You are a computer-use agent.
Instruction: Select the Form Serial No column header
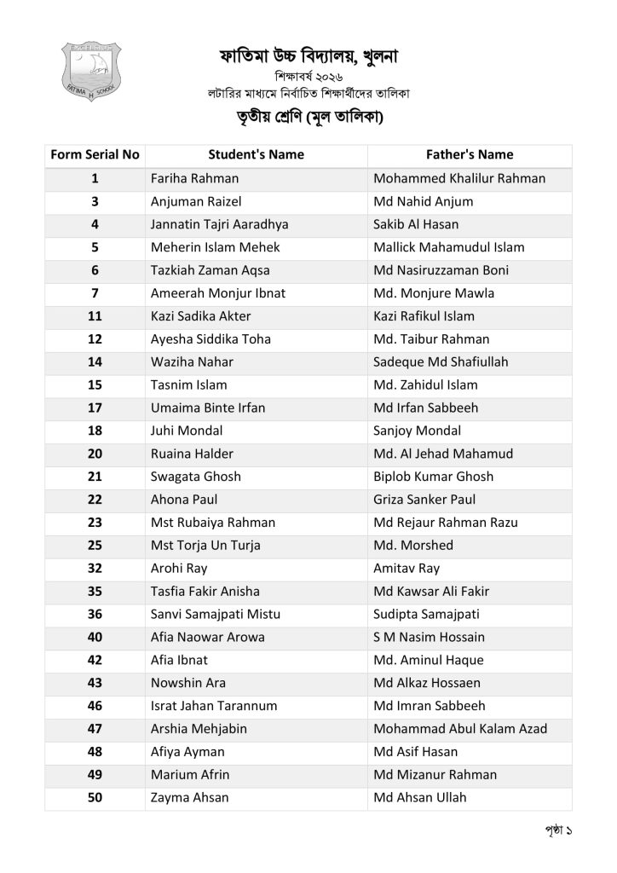[95, 155]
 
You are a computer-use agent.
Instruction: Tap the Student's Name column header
[256, 155]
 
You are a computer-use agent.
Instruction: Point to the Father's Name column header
[470, 155]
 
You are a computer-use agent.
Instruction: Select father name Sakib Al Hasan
[416, 225]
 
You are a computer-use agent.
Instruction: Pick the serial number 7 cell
[95, 293]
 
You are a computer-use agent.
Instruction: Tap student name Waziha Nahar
[192, 362]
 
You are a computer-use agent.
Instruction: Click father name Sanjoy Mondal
[418, 431]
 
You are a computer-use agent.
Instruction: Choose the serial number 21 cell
[95, 477]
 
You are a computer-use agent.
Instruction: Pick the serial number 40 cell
[95, 637]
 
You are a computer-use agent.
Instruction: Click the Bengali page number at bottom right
[556, 829]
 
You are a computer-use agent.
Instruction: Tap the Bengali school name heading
[308, 57]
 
